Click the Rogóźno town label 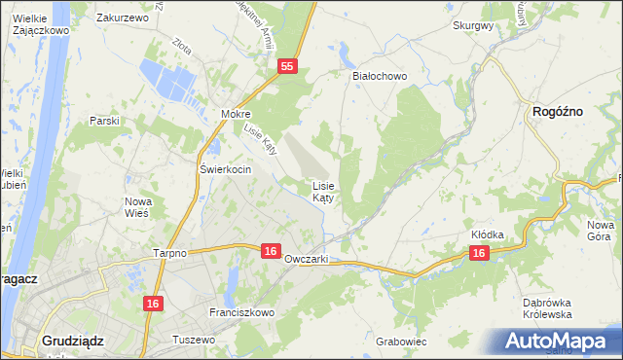(558, 112)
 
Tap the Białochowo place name (379, 75)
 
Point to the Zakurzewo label (122, 18)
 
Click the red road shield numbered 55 (286, 66)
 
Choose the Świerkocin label (226, 169)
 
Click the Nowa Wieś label (139, 207)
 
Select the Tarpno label (169, 252)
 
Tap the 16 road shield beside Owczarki (272, 251)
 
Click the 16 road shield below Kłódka (478, 252)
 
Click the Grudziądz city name (74, 341)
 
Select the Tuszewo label (193, 340)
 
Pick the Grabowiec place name (401, 342)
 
